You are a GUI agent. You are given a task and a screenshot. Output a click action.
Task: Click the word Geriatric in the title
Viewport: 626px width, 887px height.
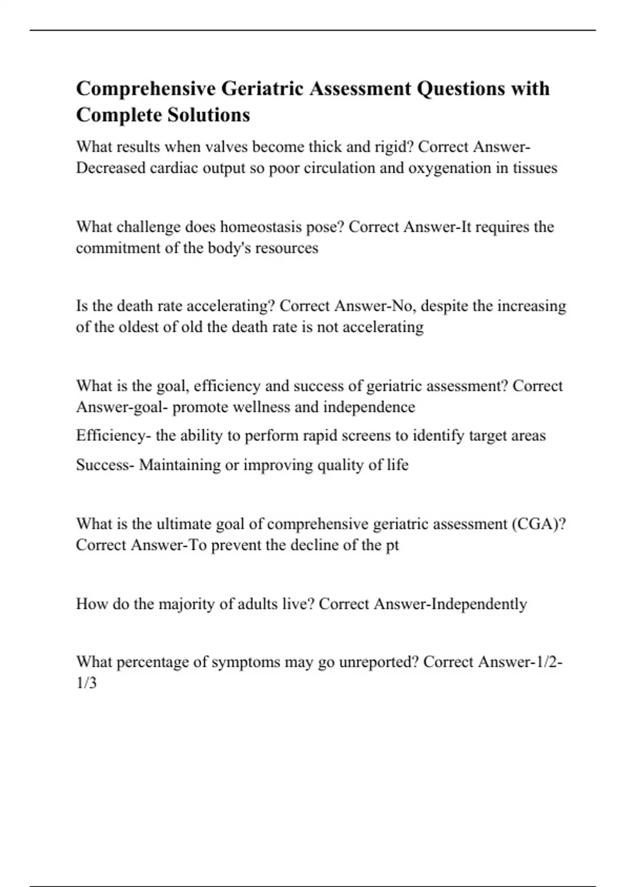pos(262,89)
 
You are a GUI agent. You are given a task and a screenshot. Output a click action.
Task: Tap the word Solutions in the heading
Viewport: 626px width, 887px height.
pos(208,115)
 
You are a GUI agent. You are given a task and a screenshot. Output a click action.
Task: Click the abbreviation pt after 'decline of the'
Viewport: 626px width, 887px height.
pos(392,545)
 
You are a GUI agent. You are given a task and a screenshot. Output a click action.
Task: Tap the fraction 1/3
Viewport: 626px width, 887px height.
pos(87,684)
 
